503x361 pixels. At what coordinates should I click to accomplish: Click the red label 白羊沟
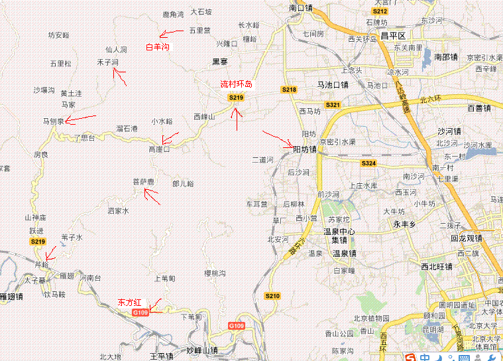coord(158,47)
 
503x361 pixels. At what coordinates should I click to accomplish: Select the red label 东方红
coord(131,302)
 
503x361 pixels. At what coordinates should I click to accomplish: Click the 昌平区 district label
coord(392,35)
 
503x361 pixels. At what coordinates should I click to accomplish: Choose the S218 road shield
coord(289,90)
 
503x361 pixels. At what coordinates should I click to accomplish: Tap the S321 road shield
coord(333,105)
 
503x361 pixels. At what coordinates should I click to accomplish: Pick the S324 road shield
coord(368,163)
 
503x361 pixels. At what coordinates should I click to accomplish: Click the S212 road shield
coord(380,11)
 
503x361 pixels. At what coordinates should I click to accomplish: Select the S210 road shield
coord(272,295)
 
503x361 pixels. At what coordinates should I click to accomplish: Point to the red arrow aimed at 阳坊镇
coord(277,139)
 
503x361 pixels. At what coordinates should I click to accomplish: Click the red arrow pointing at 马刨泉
coord(81,119)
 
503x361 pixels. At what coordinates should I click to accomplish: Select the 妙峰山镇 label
coord(202,350)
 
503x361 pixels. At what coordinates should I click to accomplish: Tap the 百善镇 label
coord(478,108)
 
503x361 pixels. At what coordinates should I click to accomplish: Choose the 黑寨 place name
coord(219,62)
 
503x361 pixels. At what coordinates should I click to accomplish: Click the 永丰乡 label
coord(404,224)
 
